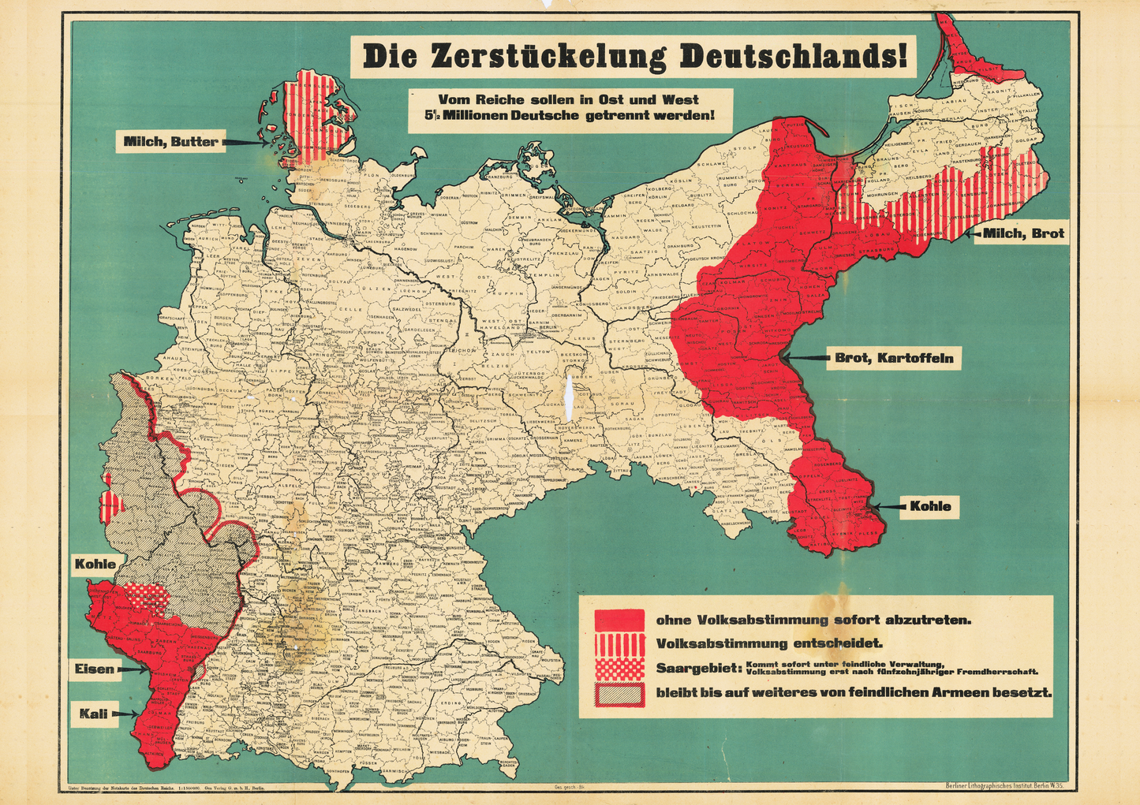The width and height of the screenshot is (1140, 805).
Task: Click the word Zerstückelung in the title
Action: (548, 57)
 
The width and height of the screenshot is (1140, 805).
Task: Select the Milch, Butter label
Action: (170, 142)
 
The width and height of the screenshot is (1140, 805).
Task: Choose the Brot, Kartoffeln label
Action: (894, 358)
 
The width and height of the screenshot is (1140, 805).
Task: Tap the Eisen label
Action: (95, 669)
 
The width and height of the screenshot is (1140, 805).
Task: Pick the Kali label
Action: (93, 714)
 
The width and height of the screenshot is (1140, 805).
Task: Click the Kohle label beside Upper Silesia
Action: (930, 506)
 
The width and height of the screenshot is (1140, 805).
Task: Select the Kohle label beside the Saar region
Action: (95, 564)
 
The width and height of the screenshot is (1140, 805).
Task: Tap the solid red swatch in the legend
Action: (619, 620)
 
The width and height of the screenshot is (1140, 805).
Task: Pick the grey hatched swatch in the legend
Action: (619, 693)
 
